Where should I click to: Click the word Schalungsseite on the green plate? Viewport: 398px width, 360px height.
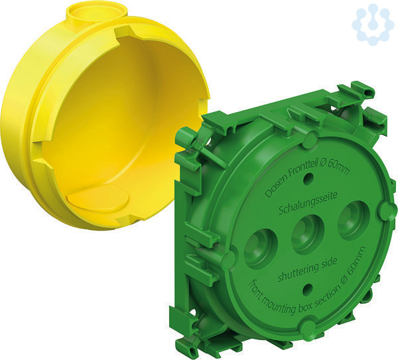point(308,203)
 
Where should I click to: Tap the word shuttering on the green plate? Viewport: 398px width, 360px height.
point(297,271)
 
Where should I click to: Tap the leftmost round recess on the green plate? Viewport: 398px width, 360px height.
point(261,249)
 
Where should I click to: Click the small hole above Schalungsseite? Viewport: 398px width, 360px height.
point(308,179)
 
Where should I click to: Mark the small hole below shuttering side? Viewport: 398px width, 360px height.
point(308,290)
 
